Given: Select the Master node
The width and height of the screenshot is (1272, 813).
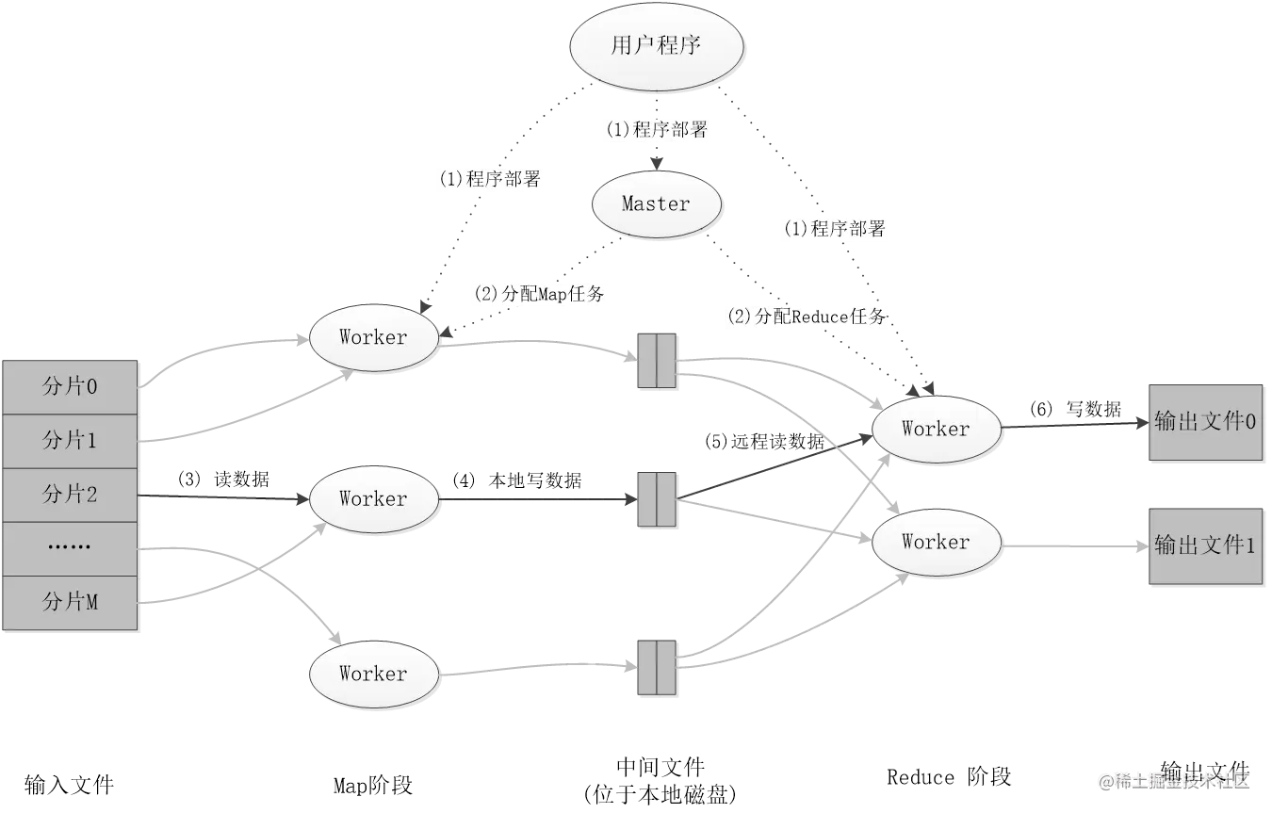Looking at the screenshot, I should click(656, 203).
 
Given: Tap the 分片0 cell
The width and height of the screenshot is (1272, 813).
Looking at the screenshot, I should click(71, 386).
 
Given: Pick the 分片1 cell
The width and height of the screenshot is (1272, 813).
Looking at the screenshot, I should click(71, 440).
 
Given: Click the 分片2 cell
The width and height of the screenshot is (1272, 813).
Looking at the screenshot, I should click(71, 494).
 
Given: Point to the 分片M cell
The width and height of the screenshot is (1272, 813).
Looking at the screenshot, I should click(71, 601).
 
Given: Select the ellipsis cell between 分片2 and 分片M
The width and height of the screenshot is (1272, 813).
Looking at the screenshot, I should click(71, 547).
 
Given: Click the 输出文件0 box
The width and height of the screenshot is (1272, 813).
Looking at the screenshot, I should click(1204, 423).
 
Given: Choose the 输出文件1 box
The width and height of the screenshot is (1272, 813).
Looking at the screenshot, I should click(1204, 546).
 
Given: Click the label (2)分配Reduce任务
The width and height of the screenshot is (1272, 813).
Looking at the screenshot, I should click(806, 317).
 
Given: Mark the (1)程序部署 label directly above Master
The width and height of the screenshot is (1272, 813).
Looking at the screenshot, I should click(657, 130).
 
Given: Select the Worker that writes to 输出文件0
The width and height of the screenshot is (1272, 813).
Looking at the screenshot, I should click(935, 430).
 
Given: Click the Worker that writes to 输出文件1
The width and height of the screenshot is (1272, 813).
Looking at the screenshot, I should click(935, 543).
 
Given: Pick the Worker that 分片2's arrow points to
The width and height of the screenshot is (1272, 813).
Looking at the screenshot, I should click(373, 499).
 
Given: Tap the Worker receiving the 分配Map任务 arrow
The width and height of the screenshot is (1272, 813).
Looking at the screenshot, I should click(373, 337).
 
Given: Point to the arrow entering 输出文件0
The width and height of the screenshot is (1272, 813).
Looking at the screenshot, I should click(1074, 426).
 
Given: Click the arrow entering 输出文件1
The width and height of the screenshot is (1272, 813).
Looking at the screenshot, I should click(1074, 545).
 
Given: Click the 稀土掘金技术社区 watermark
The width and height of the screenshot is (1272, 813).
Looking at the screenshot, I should click(1172, 780).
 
